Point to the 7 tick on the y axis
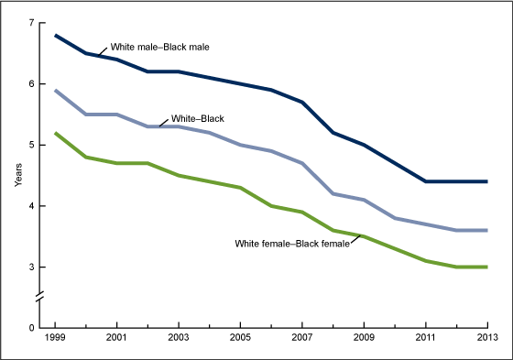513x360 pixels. coord(33,22)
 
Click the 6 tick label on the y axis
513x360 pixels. coord(33,83)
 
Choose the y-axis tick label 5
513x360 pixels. coord(33,145)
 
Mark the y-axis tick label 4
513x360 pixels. coord(33,206)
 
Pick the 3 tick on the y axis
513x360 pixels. coord(33,267)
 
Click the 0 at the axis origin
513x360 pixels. coord(33,327)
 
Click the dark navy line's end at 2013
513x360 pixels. coord(486,181)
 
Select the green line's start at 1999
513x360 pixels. coord(54,133)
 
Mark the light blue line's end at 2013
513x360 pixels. coord(486,230)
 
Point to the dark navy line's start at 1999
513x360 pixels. coord(54,35)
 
